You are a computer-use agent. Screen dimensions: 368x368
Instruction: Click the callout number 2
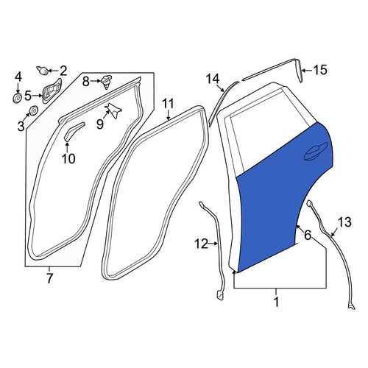(x=63, y=71)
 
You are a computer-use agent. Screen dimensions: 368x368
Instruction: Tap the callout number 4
(x=18, y=77)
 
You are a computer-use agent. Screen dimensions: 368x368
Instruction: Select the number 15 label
(x=320, y=70)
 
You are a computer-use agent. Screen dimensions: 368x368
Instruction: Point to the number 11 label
(x=169, y=103)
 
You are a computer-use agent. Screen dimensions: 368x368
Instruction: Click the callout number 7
(x=49, y=278)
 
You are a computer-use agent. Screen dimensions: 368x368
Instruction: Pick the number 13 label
(x=344, y=222)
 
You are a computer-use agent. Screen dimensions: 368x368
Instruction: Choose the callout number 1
(x=276, y=302)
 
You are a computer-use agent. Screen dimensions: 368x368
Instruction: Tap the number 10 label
(x=68, y=158)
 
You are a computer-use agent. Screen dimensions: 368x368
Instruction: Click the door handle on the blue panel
(x=316, y=152)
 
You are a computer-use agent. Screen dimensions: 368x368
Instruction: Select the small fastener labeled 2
(x=43, y=71)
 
